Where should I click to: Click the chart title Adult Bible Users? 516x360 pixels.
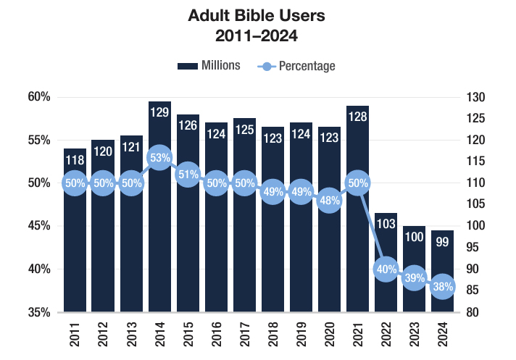click(x=257, y=15)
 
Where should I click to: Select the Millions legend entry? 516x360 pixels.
click(x=209, y=66)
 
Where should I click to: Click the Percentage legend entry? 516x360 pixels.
click(x=297, y=66)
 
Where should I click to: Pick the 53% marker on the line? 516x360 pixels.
click(x=159, y=157)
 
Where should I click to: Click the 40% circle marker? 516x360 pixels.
click(x=386, y=269)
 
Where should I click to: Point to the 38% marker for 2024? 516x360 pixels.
click(x=442, y=287)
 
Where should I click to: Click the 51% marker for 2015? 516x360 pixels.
click(x=188, y=175)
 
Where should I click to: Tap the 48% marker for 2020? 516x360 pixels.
click(x=329, y=200)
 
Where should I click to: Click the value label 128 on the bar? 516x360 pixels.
click(x=357, y=117)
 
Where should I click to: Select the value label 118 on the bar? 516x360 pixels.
click(x=75, y=160)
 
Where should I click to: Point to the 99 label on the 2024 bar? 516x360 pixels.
click(x=442, y=242)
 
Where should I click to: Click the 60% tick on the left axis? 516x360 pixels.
click(x=40, y=97)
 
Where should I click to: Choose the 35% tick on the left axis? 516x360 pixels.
click(x=40, y=313)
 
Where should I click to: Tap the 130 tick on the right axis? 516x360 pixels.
click(x=476, y=97)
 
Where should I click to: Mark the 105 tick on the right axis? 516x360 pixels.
click(x=476, y=205)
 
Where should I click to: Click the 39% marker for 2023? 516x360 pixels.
click(x=414, y=278)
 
